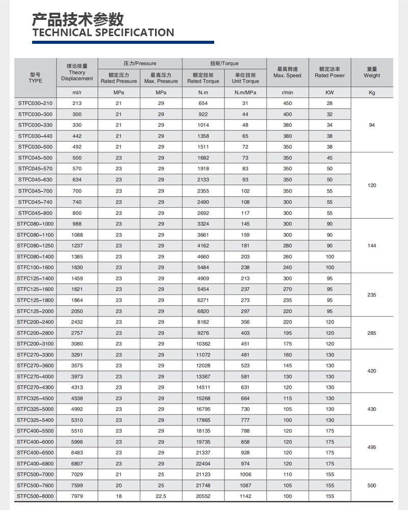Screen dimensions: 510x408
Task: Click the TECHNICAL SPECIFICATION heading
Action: (x=103, y=33)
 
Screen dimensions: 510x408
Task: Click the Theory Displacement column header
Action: (x=77, y=72)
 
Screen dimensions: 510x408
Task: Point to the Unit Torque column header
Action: (x=245, y=78)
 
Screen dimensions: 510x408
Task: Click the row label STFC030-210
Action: (x=35, y=103)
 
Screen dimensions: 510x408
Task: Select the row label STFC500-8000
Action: (x=35, y=496)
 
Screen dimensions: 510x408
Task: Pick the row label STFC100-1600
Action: (x=35, y=267)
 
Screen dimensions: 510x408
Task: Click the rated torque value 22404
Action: (x=203, y=464)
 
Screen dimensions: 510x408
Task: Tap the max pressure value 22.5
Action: (x=161, y=496)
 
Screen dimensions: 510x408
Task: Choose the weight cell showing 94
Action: (x=372, y=125)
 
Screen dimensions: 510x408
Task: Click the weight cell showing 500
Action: (x=372, y=486)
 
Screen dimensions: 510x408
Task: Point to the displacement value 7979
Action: (x=77, y=496)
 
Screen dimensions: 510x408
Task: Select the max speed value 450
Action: (x=288, y=103)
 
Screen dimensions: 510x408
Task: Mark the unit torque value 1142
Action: (x=245, y=496)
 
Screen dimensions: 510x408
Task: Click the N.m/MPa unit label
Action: (x=245, y=93)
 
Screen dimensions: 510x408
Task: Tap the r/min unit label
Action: (x=288, y=93)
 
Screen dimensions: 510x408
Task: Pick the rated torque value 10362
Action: (x=203, y=344)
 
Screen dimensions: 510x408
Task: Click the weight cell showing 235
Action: (x=372, y=294)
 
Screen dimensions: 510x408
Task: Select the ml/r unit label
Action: (x=77, y=93)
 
